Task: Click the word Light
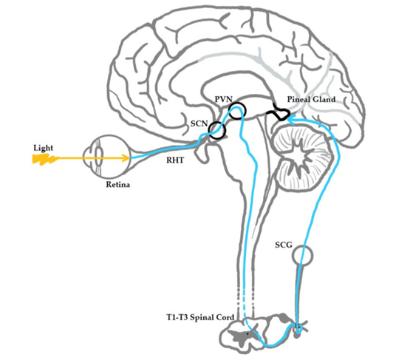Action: point(43,148)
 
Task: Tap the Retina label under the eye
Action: point(118,184)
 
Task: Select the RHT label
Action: point(175,160)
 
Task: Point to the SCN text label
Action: point(199,123)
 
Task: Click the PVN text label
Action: point(224,99)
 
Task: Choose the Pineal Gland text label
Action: point(311,99)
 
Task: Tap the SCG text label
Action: point(284,245)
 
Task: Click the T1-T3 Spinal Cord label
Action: point(200,317)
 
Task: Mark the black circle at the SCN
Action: point(210,130)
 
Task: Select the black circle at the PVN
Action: point(229,111)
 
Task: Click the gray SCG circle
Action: point(293,255)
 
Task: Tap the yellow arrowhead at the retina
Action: point(126,158)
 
